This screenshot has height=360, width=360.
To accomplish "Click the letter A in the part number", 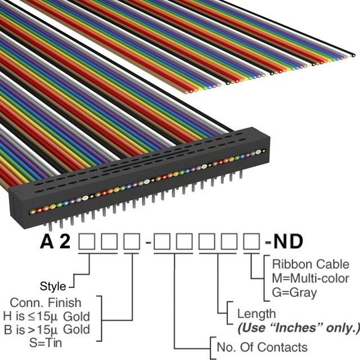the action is [x=47, y=241].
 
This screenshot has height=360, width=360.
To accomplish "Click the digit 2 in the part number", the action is [x=65, y=241].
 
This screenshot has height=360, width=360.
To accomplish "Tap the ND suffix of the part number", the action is [x=288, y=241].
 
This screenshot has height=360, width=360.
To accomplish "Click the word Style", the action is [x=53, y=286].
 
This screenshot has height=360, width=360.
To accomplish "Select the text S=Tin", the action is [x=46, y=343].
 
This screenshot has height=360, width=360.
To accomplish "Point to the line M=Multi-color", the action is [x=310, y=278].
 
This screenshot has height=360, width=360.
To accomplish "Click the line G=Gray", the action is [x=294, y=292].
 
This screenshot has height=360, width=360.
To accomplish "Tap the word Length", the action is [x=256, y=314].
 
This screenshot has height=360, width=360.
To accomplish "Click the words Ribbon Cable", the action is [x=310, y=264].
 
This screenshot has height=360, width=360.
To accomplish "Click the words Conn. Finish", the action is [x=46, y=303].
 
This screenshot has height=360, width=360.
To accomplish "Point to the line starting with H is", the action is [x=46, y=317].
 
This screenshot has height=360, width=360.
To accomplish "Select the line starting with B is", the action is [x=47, y=330].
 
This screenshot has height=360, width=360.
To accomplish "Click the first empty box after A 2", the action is [x=87, y=241].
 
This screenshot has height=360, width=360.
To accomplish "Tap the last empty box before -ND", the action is [x=251, y=241].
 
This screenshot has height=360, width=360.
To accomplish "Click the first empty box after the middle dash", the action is [x=162, y=241].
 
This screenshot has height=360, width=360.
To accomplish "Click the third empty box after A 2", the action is [x=132, y=241].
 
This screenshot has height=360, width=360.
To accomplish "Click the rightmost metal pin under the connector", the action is [x=241, y=174].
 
